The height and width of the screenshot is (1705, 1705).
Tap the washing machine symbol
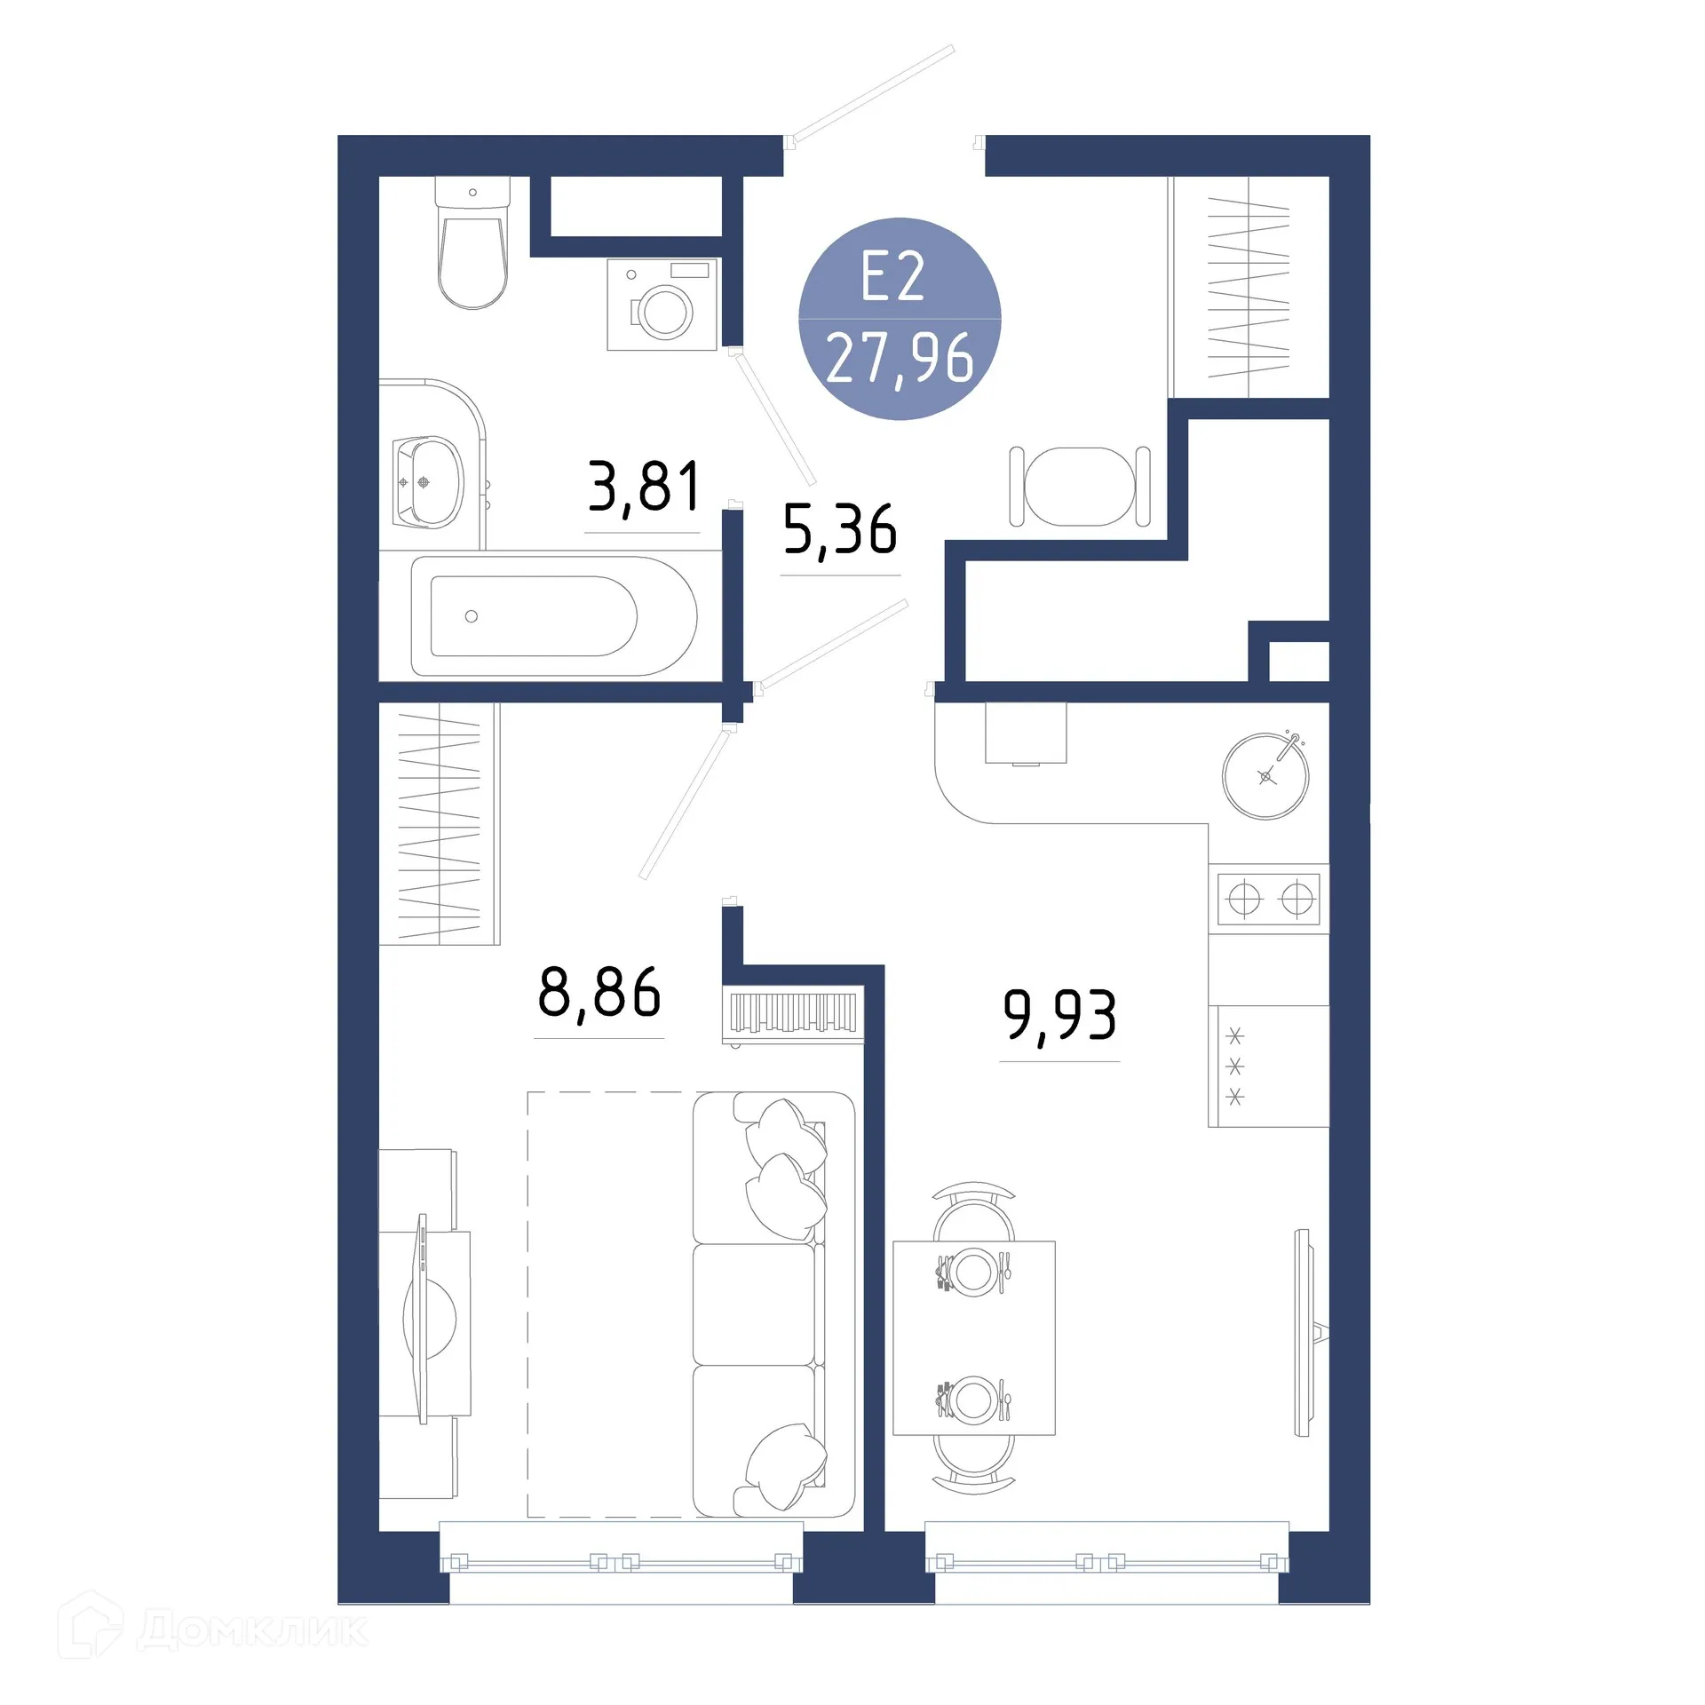[662, 305]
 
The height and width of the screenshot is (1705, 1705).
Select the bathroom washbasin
[430, 482]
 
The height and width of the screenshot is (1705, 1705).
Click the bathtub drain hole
[472, 616]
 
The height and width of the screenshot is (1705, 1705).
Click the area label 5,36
[840, 530]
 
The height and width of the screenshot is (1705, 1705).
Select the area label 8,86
[599, 992]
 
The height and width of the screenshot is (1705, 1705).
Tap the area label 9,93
[1059, 1015]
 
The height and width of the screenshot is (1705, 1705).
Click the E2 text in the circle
[893, 277]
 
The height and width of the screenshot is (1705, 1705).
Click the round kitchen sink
[1265, 776]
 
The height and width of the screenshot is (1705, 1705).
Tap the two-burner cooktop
[1269, 900]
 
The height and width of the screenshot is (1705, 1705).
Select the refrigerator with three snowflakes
[1268, 1067]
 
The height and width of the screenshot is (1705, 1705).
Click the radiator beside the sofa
[793, 1014]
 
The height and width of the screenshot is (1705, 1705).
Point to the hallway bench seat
[1079, 487]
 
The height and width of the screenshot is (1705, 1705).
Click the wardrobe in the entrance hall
[1249, 287]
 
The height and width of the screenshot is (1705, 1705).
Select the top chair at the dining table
[974, 1210]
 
